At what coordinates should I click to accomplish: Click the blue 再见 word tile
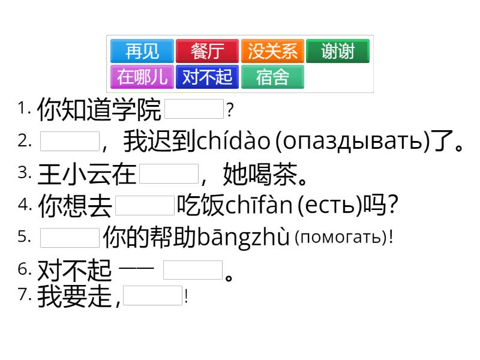(x=142, y=51)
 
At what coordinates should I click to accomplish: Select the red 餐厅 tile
(x=207, y=51)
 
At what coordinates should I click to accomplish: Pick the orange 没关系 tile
(x=272, y=51)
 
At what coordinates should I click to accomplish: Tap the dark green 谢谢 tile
(x=338, y=51)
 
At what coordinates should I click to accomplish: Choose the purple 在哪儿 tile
(x=142, y=77)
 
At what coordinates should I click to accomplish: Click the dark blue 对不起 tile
(x=207, y=77)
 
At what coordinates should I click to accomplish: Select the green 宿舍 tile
(x=272, y=77)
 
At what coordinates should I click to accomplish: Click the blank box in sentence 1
(x=194, y=109)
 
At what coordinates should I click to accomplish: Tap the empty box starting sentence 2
(x=70, y=141)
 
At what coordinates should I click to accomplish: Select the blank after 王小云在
(x=169, y=173)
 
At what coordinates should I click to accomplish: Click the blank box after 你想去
(x=145, y=205)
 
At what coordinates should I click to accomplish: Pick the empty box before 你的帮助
(x=70, y=238)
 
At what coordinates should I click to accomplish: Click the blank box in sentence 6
(x=193, y=269)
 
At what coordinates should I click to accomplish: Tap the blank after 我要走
(x=152, y=295)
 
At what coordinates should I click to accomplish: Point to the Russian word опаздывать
(x=353, y=142)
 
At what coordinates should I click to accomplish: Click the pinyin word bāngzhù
(x=243, y=236)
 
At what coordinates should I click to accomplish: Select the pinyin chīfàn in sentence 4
(x=259, y=205)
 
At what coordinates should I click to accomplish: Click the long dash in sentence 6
(x=136, y=268)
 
